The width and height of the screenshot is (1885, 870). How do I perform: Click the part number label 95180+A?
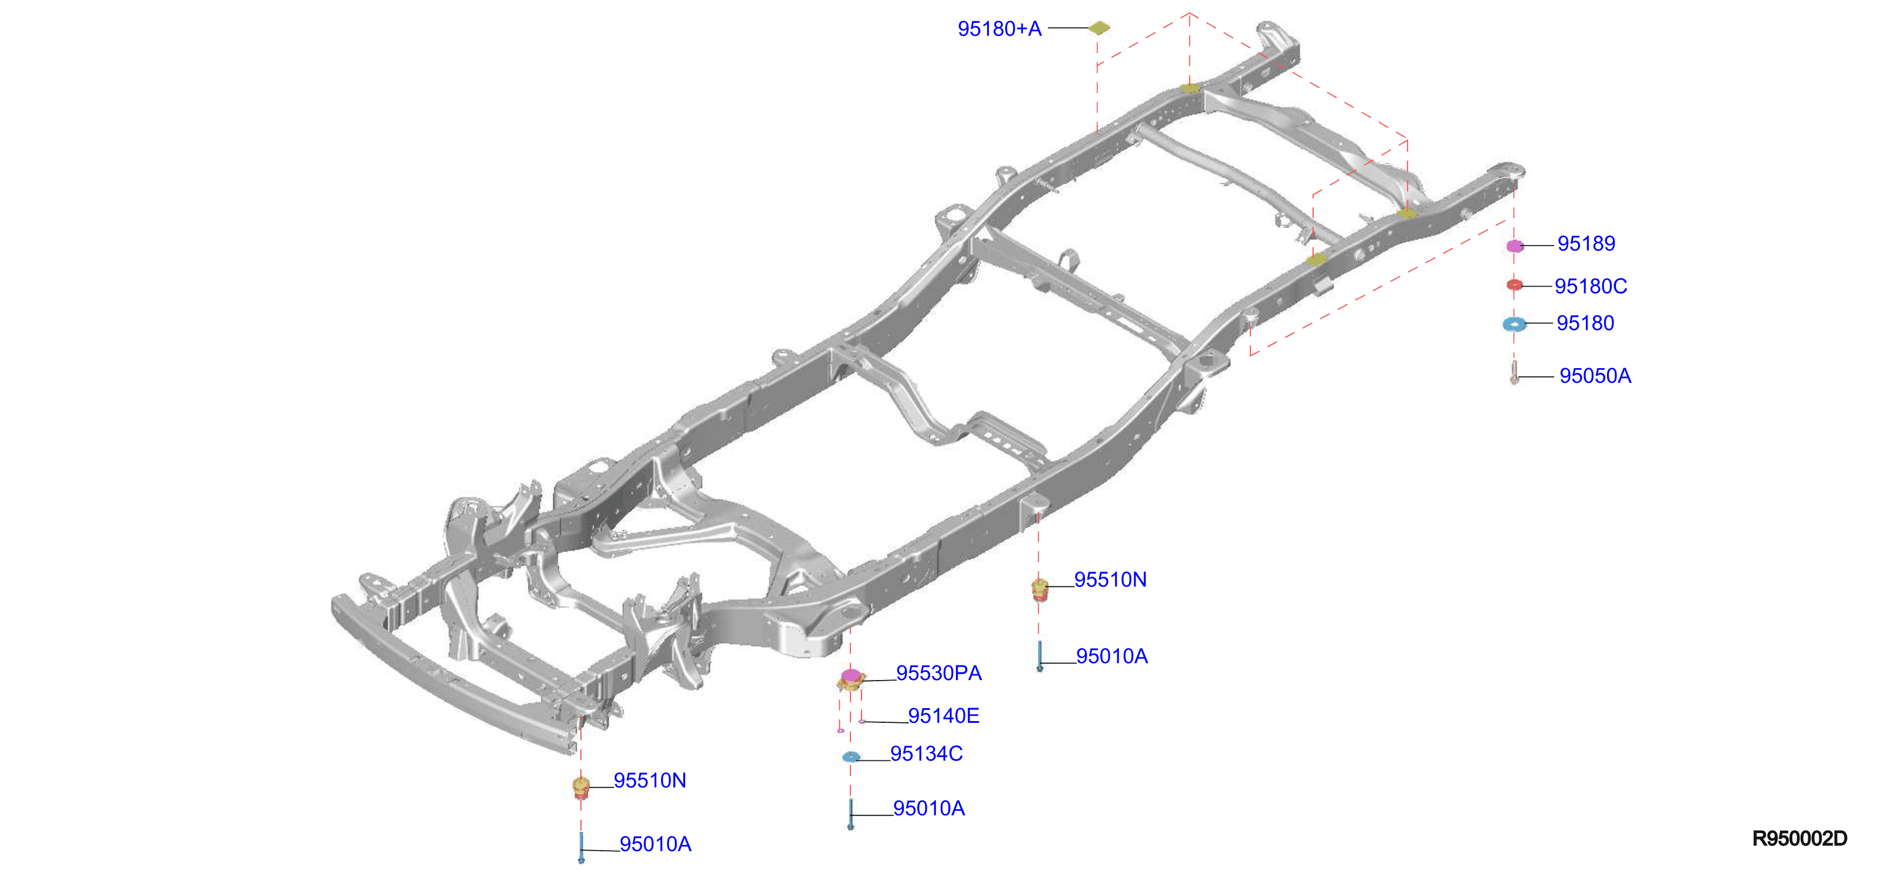point(999,29)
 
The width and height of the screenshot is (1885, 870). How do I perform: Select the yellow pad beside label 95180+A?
point(1099,28)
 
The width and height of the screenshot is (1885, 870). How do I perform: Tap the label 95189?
point(1586,244)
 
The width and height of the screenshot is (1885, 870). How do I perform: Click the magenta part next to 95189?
point(1515,246)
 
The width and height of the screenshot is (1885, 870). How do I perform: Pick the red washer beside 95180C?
point(1515,285)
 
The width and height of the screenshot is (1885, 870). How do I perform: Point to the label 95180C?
point(1591,286)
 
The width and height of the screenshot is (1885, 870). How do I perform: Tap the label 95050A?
point(1595,375)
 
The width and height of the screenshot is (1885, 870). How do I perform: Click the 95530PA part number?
point(939,672)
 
